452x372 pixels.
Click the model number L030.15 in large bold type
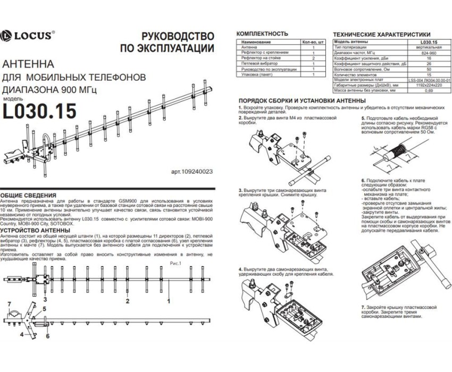click(x=39, y=111)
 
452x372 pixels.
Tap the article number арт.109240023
click(x=192, y=172)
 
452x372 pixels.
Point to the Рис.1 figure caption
click(x=175, y=263)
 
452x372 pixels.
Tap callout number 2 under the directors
click(x=128, y=300)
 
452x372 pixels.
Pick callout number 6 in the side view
click(x=47, y=336)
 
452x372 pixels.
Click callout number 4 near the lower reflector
click(x=22, y=335)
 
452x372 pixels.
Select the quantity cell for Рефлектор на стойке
click(x=314, y=58)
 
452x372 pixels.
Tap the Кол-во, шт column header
click(x=313, y=41)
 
